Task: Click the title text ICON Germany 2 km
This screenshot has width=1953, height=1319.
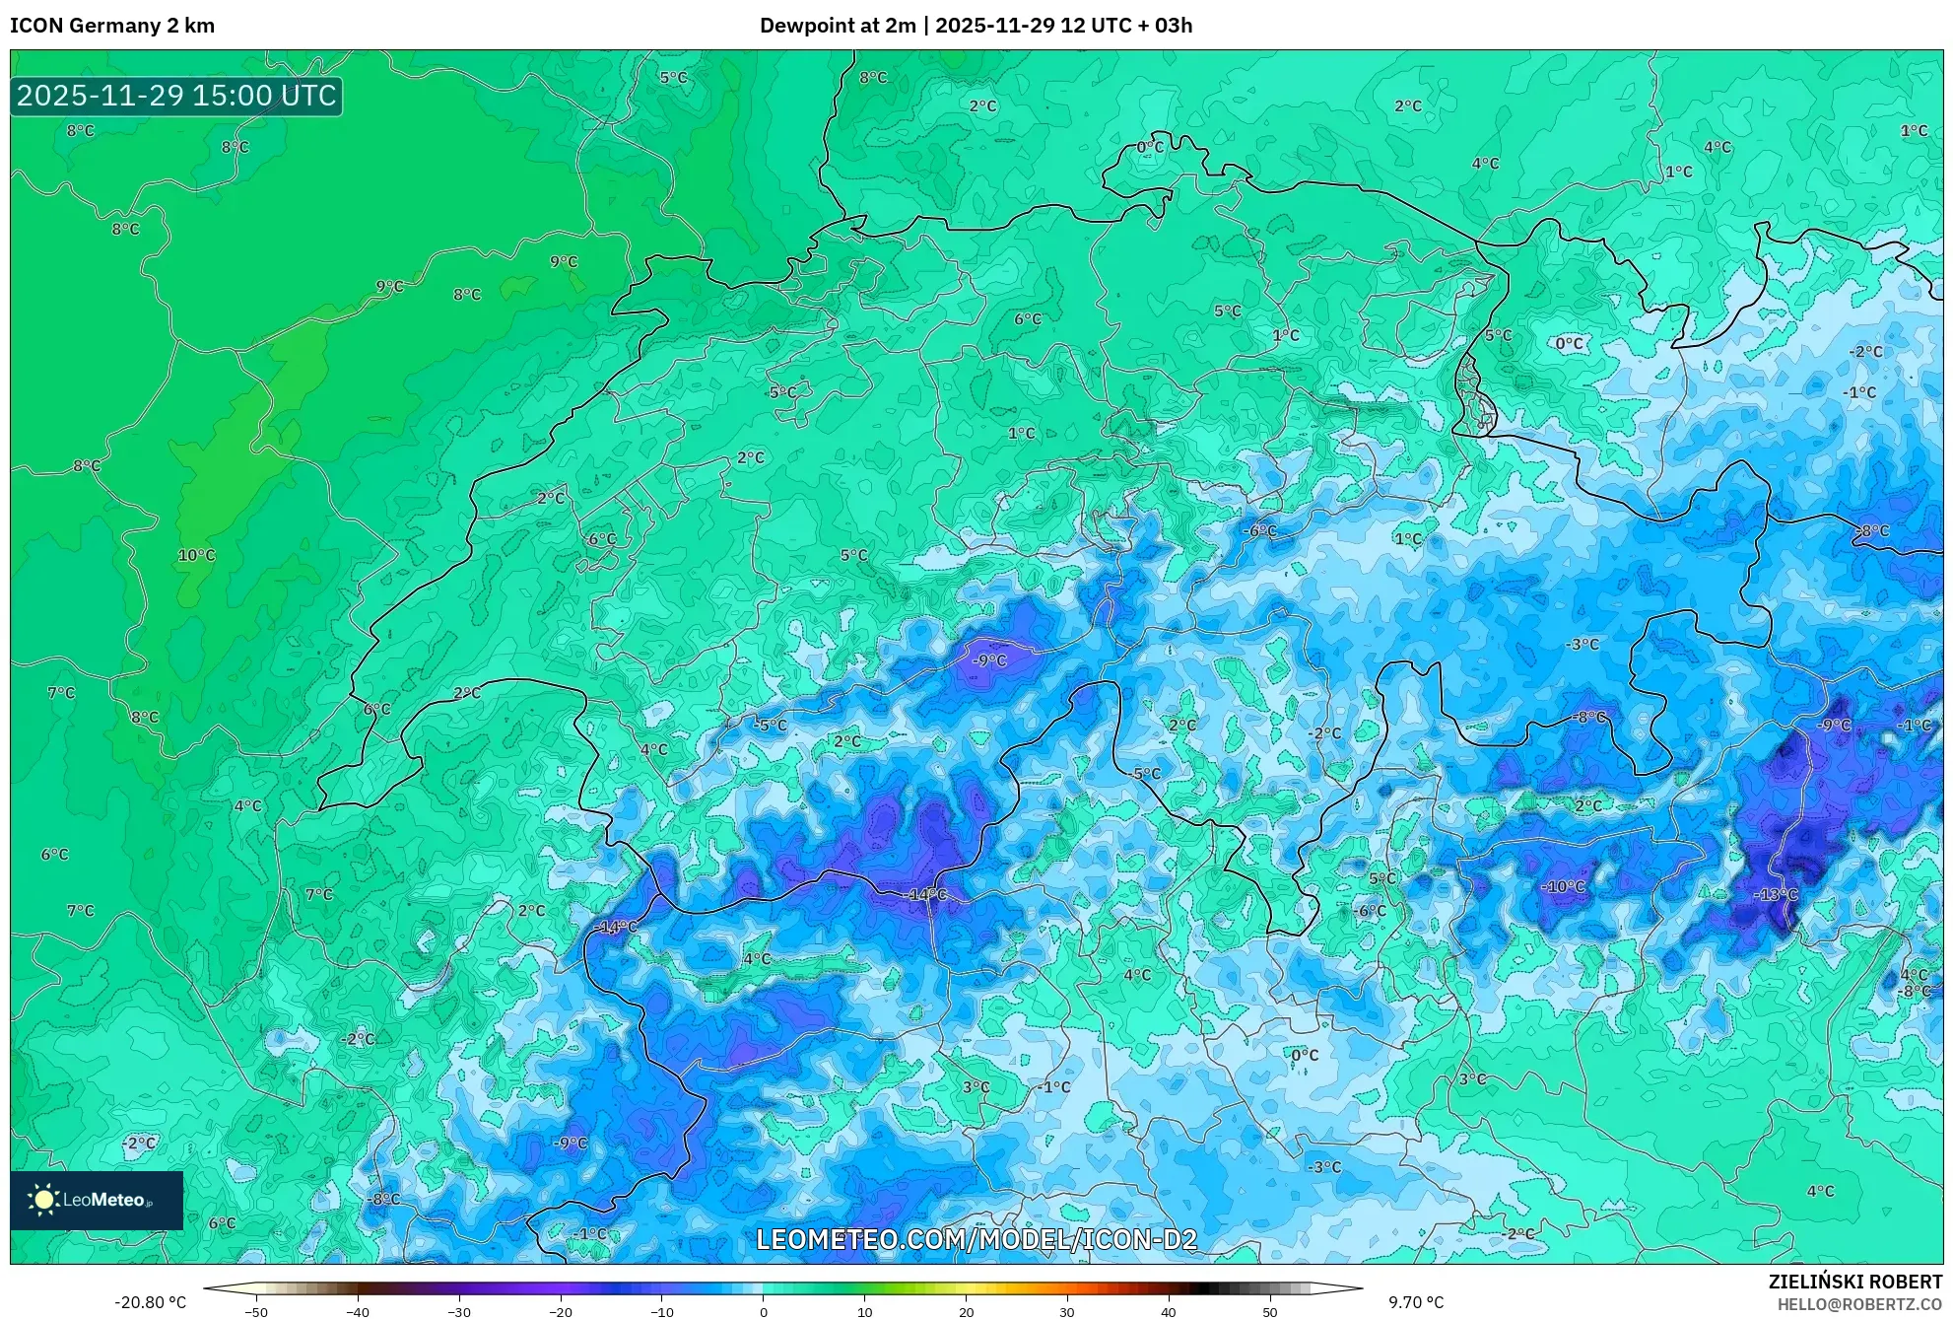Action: point(112,26)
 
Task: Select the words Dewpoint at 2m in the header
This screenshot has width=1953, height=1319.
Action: point(838,26)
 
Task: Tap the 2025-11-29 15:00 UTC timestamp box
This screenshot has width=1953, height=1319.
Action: point(176,96)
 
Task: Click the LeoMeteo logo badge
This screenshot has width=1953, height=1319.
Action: point(97,1200)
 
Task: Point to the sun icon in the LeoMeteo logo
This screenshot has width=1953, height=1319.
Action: point(43,1200)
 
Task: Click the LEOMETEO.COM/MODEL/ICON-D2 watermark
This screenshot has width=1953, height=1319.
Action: point(976,1239)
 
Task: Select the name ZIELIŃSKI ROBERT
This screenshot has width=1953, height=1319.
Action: point(1855,1282)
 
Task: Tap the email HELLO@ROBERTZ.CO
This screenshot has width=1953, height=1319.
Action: point(1859,1304)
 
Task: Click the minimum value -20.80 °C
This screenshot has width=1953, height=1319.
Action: point(150,1302)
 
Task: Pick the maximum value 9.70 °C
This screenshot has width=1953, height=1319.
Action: point(1416,1302)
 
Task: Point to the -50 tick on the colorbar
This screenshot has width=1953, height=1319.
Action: point(256,1312)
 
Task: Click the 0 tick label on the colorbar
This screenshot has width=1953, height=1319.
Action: point(763,1312)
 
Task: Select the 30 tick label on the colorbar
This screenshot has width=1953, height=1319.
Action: point(1067,1312)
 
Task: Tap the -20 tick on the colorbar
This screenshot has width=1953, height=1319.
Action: point(560,1312)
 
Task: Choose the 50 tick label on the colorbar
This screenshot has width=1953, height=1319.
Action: point(1269,1312)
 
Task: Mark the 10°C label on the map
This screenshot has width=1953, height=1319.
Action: point(196,555)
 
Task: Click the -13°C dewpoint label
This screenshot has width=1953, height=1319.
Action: point(1776,895)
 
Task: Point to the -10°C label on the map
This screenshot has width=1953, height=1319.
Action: point(1564,887)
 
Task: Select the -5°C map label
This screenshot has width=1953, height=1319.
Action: point(771,726)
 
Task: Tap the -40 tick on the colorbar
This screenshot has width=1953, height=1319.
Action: point(358,1312)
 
